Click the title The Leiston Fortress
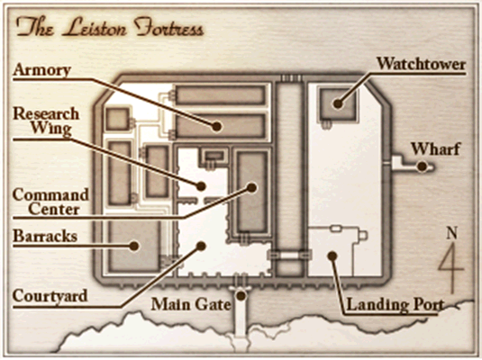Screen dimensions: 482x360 point(110,27)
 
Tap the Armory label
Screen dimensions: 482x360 point(42,70)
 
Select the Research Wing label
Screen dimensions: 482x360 point(46,121)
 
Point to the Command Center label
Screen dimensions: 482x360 point(50,202)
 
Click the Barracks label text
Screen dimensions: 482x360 point(45,236)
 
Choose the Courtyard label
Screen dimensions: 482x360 point(50,296)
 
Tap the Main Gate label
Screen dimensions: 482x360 point(191,304)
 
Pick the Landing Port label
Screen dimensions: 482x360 point(396,305)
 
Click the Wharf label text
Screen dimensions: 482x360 point(435,149)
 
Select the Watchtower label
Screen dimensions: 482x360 point(421,64)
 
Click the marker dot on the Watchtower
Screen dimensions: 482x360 point(338,103)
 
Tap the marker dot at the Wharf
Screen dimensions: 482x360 point(423,166)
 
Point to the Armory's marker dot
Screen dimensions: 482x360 point(217,126)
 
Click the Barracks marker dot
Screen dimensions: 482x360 point(133,246)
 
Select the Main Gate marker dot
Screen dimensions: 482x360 point(241,295)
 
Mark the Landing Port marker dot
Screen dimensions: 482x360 point(332,256)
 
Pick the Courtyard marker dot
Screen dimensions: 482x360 point(201,246)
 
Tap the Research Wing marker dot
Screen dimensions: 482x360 point(201,185)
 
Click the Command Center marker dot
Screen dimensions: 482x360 point(251,187)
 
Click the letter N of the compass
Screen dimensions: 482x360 point(452,233)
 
